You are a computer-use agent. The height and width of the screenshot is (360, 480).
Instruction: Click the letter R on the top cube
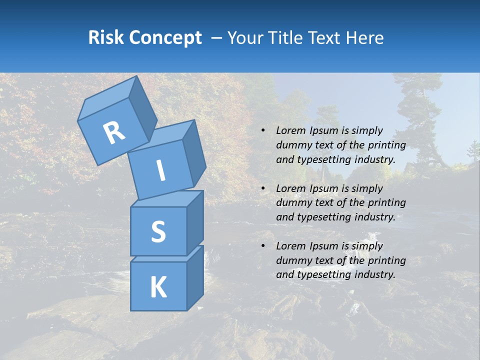[114, 133]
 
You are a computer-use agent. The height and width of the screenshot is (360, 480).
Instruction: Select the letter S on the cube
[158, 232]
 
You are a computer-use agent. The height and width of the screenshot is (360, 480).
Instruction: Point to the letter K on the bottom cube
[158, 287]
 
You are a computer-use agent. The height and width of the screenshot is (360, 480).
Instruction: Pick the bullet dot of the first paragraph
[263, 130]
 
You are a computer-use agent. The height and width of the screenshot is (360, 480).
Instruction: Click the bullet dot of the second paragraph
[263, 188]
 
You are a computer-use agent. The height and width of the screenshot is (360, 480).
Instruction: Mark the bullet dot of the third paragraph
[263, 246]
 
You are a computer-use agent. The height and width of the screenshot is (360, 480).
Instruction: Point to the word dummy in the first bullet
[291, 145]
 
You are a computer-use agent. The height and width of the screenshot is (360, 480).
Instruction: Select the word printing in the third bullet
[386, 260]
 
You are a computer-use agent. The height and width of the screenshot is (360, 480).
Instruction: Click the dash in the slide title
[217, 38]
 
